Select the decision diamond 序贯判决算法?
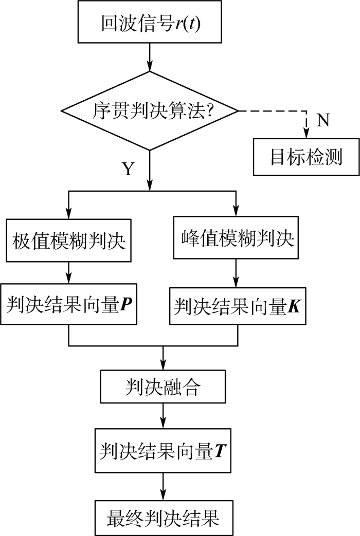click(x=150, y=110)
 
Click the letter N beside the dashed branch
click(x=323, y=120)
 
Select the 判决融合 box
click(x=164, y=386)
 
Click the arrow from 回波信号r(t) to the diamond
click(x=150, y=58)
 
